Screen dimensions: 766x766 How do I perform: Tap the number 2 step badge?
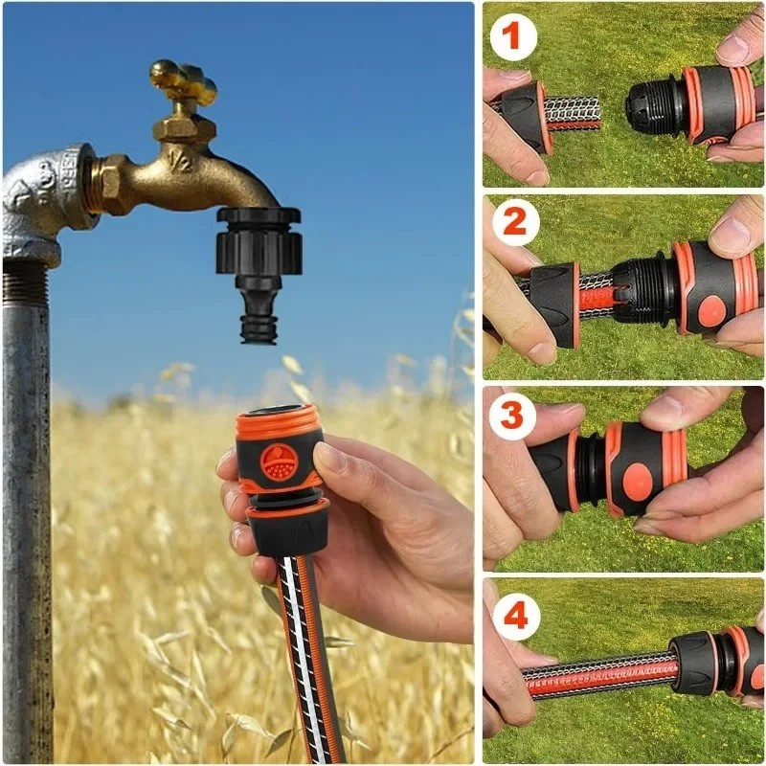pos(515,222)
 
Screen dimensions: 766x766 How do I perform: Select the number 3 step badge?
pos(512,415)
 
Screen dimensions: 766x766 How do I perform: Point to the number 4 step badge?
pos(516,616)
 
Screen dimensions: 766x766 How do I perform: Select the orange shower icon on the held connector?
pos(278,462)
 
